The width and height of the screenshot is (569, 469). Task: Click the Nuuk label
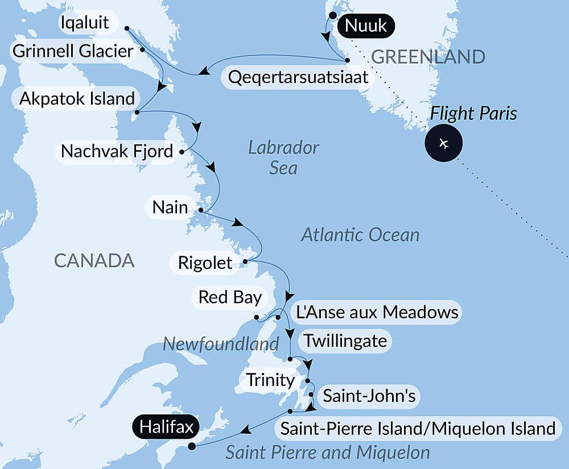[366, 26]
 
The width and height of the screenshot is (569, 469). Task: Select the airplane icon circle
[444, 143]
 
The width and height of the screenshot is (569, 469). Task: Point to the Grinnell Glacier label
[72, 52]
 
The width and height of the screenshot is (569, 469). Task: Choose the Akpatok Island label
[76, 98]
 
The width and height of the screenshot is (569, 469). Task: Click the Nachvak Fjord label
[117, 152]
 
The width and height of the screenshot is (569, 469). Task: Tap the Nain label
[170, 207]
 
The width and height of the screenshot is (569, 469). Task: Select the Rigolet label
[205, 263]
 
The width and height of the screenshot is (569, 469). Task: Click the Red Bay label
[230, 297]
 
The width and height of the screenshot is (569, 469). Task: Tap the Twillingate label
[345, 341]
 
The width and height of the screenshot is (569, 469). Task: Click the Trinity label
[270, 380]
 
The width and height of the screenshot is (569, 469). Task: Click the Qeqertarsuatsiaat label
[298, 77]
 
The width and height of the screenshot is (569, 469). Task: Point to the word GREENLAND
[428, 56]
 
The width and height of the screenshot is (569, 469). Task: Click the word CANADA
[94, 260]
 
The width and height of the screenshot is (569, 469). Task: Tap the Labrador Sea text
[283, 157]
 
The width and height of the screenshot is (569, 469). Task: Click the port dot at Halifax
[192, 446]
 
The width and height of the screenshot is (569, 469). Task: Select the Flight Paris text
[473, 113]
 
